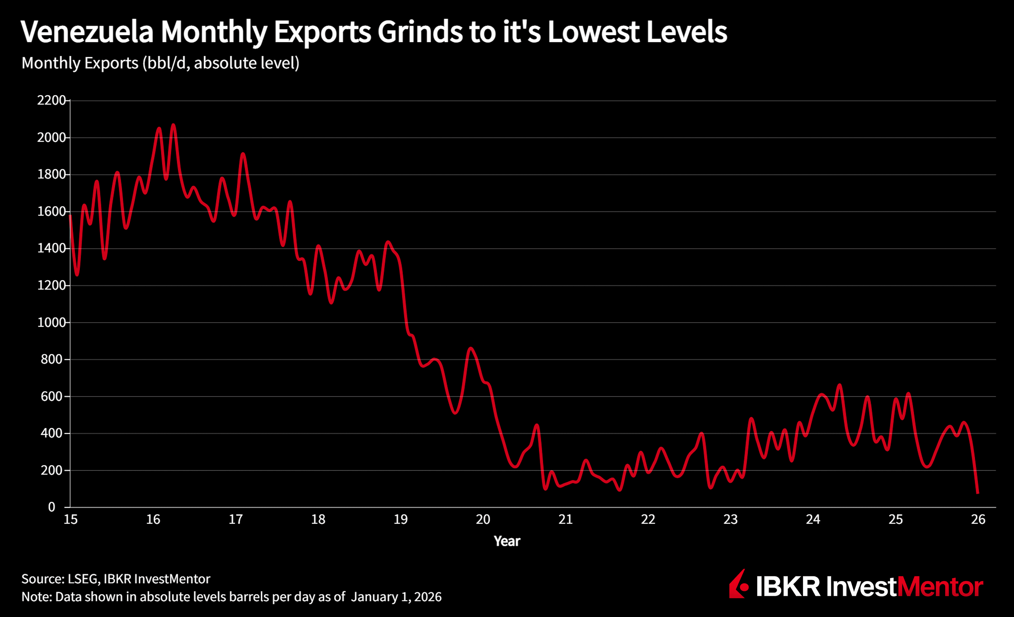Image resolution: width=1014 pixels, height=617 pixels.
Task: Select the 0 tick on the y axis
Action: (x=51, y=507)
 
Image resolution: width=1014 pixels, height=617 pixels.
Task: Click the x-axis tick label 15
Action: (x=70, y=520)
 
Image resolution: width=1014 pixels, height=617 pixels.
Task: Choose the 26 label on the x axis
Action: (x=978, y=520)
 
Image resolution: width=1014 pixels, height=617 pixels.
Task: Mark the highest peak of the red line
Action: (x=173, y=124)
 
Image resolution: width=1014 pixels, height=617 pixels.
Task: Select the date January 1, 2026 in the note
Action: (x=396, y=597)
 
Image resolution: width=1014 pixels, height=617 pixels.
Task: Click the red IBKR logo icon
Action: (x=739, y=585)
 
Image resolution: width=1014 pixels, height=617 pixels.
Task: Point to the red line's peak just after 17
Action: (x=243, y=154)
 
